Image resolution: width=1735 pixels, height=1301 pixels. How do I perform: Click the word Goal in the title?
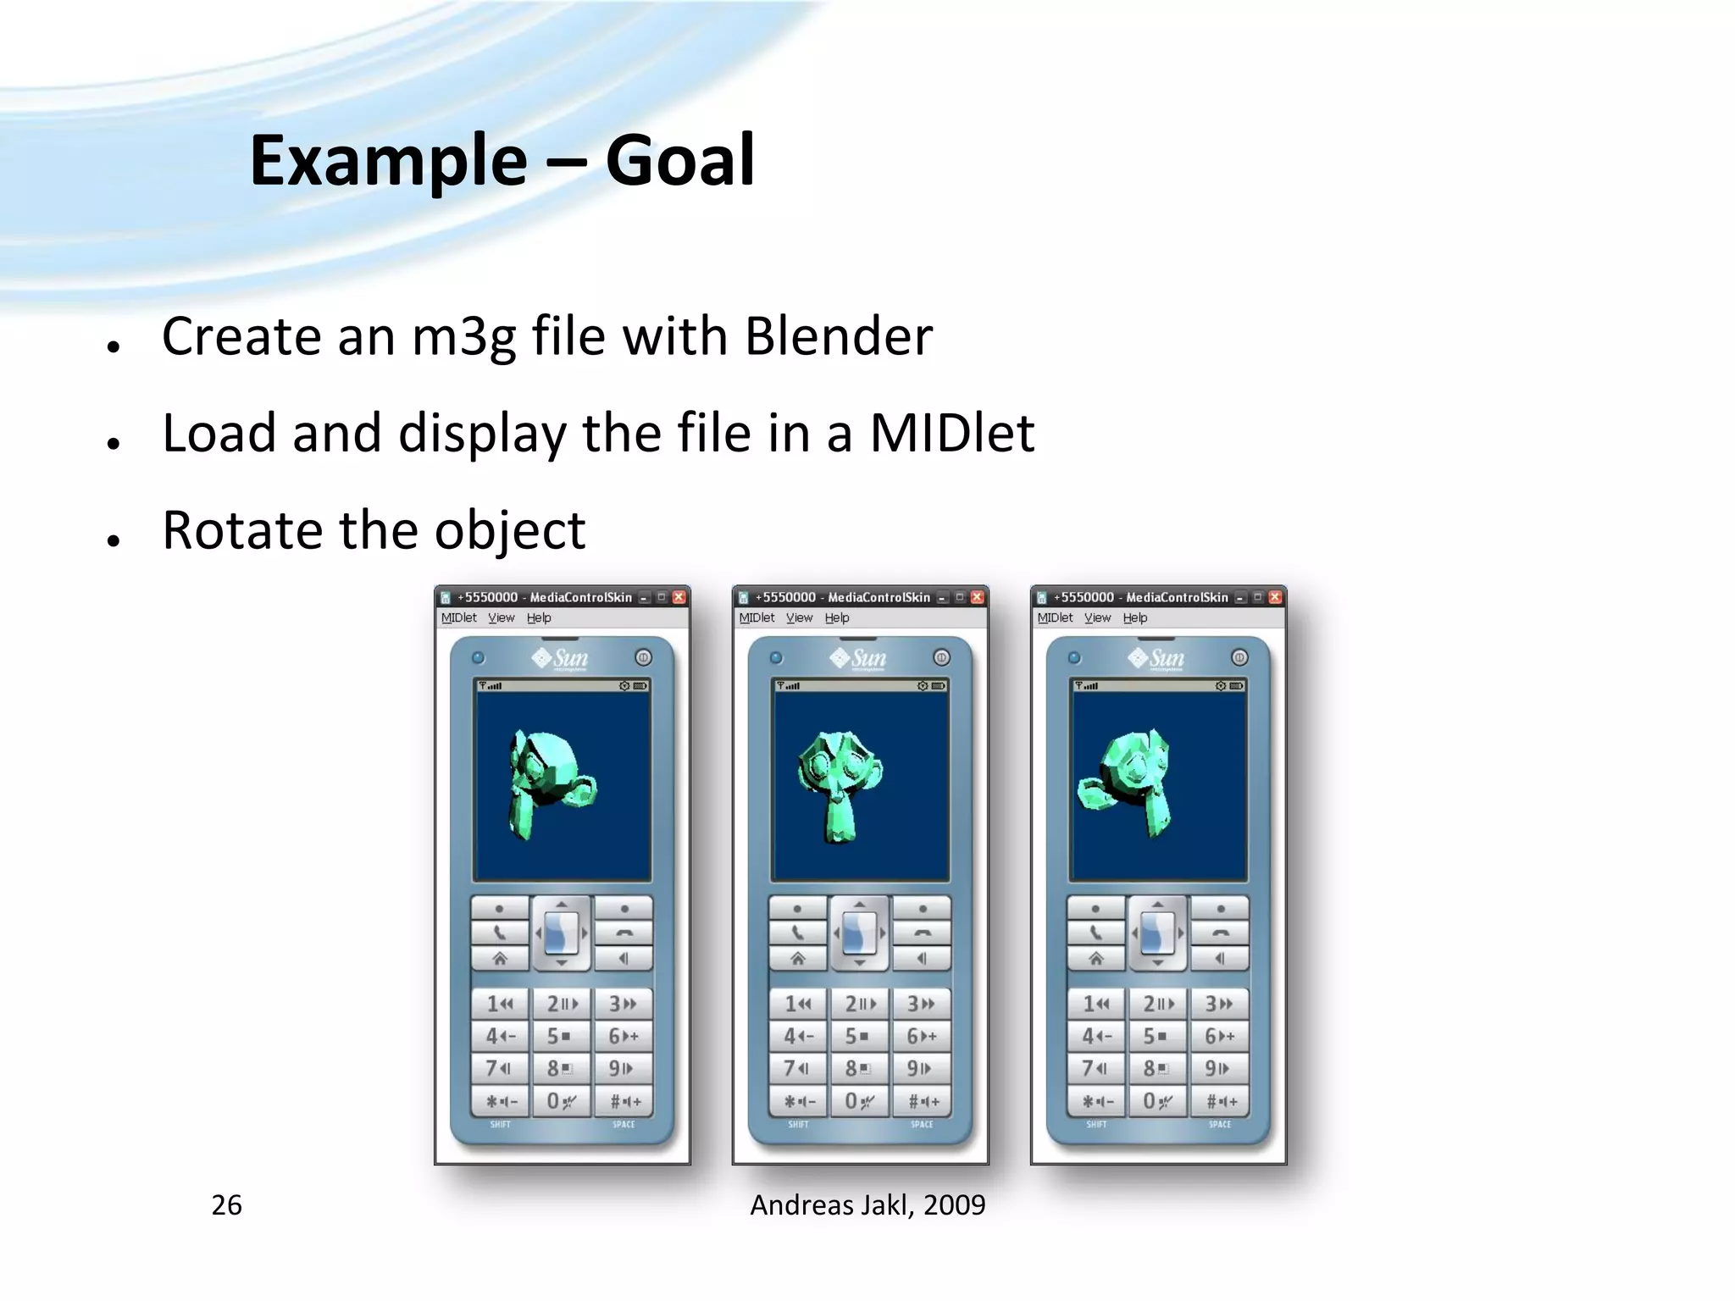(x=679, y=161)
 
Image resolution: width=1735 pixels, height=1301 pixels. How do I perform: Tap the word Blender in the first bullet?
(x=838, y=336)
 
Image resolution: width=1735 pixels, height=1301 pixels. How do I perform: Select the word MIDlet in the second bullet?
(x=951, y=433)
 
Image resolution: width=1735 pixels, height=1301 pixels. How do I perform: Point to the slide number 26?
(x=226, y=1204)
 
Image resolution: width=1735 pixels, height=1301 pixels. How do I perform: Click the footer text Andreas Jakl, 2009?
(x=867, y=1204)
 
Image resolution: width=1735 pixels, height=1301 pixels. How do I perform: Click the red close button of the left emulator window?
(x=679, y=597)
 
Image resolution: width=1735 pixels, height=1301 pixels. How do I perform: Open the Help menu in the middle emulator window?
(x=836, y=617)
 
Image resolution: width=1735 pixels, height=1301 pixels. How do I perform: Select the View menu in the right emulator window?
(x=1097, y=617)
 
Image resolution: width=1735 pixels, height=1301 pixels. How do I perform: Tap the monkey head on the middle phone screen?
(x=840, y=779)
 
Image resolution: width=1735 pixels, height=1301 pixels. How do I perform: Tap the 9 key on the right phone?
(x=1217, y=1068)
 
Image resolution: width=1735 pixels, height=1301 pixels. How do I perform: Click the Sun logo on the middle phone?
(x=858, y=658)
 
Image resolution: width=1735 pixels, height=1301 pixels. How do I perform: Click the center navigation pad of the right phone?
(x=1157, y=933)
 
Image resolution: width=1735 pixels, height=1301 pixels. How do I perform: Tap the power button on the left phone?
(x=643, y=657)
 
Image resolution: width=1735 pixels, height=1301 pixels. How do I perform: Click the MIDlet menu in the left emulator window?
(x=458, y=617)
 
